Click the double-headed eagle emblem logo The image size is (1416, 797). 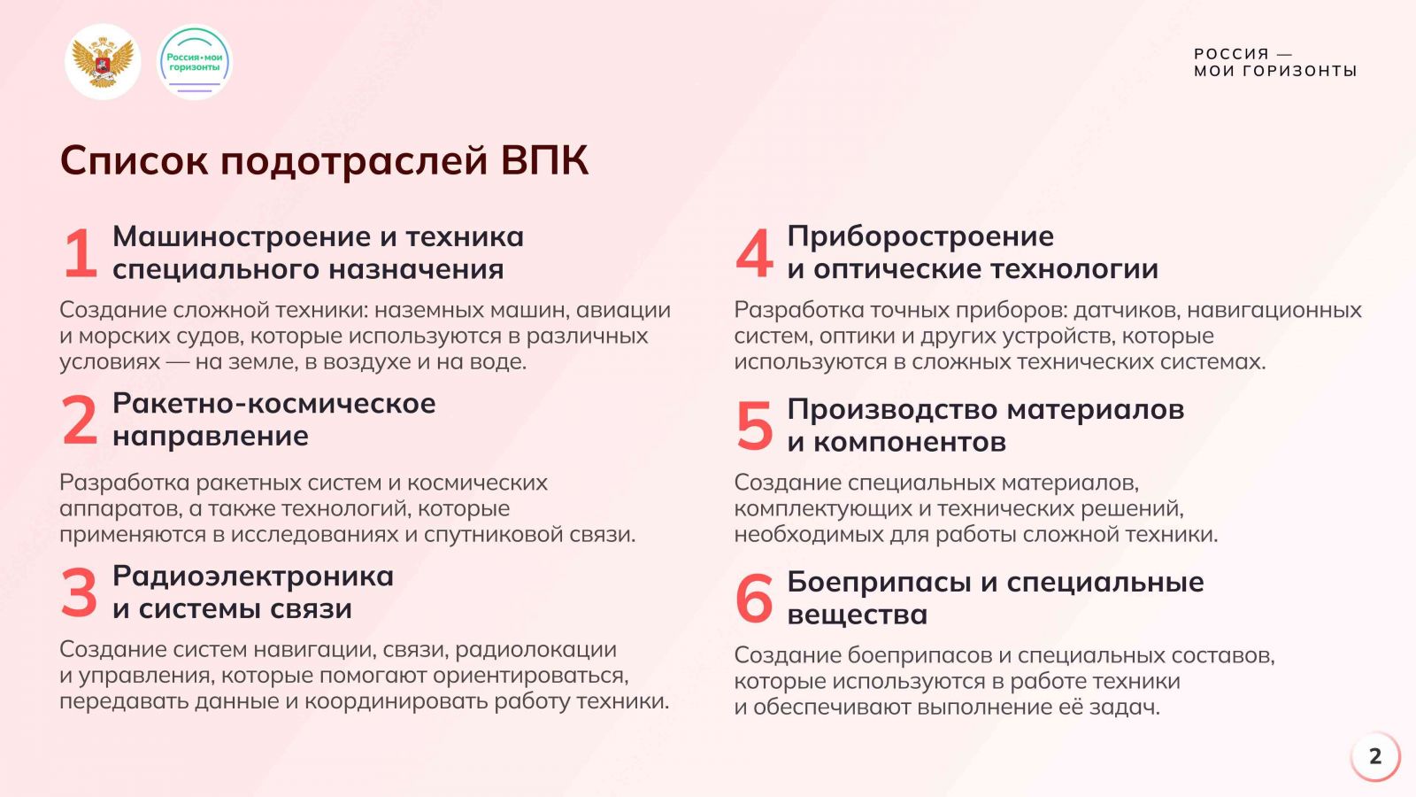click(x=103, y=62)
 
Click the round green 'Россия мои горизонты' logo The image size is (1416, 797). click(x=195, y=62)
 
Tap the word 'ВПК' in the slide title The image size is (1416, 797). click(x=545, y=160)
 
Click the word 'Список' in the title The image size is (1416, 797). click(x=134, y=160)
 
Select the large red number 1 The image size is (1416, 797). click(x=81, y=253)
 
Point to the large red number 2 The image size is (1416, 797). click(x=80, y=420)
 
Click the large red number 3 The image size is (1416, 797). click(x=80, y=592)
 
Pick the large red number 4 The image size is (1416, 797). click(x=754, y=253)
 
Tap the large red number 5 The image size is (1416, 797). click(x=754, y=426)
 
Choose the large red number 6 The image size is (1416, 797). click(x=754, y=599)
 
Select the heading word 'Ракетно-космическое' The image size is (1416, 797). click(x=274, y=404)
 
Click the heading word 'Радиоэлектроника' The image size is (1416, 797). click(x=253, y=576)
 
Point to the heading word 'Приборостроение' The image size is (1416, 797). click(x=920, y=237)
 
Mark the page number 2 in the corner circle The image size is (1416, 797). click(x=1375, y=756)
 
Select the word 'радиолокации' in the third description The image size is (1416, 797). click(x=535, y=650)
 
